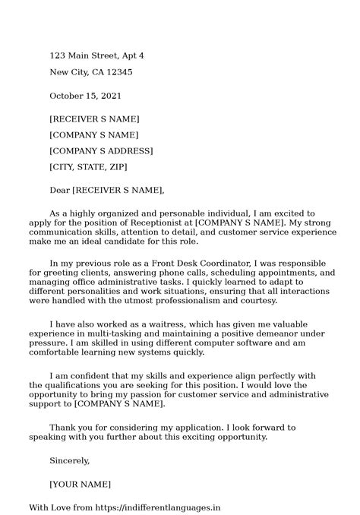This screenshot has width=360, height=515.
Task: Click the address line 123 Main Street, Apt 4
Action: tap(96, 56)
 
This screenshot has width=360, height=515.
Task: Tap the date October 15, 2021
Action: tap(85, 96)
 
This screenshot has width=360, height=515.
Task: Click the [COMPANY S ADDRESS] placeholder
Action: tap(101, 151)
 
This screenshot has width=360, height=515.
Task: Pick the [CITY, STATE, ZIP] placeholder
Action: tap(88, 167)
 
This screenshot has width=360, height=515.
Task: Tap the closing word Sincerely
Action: tap(69, 460)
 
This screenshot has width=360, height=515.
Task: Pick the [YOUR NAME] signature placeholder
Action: tap(80, 484)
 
